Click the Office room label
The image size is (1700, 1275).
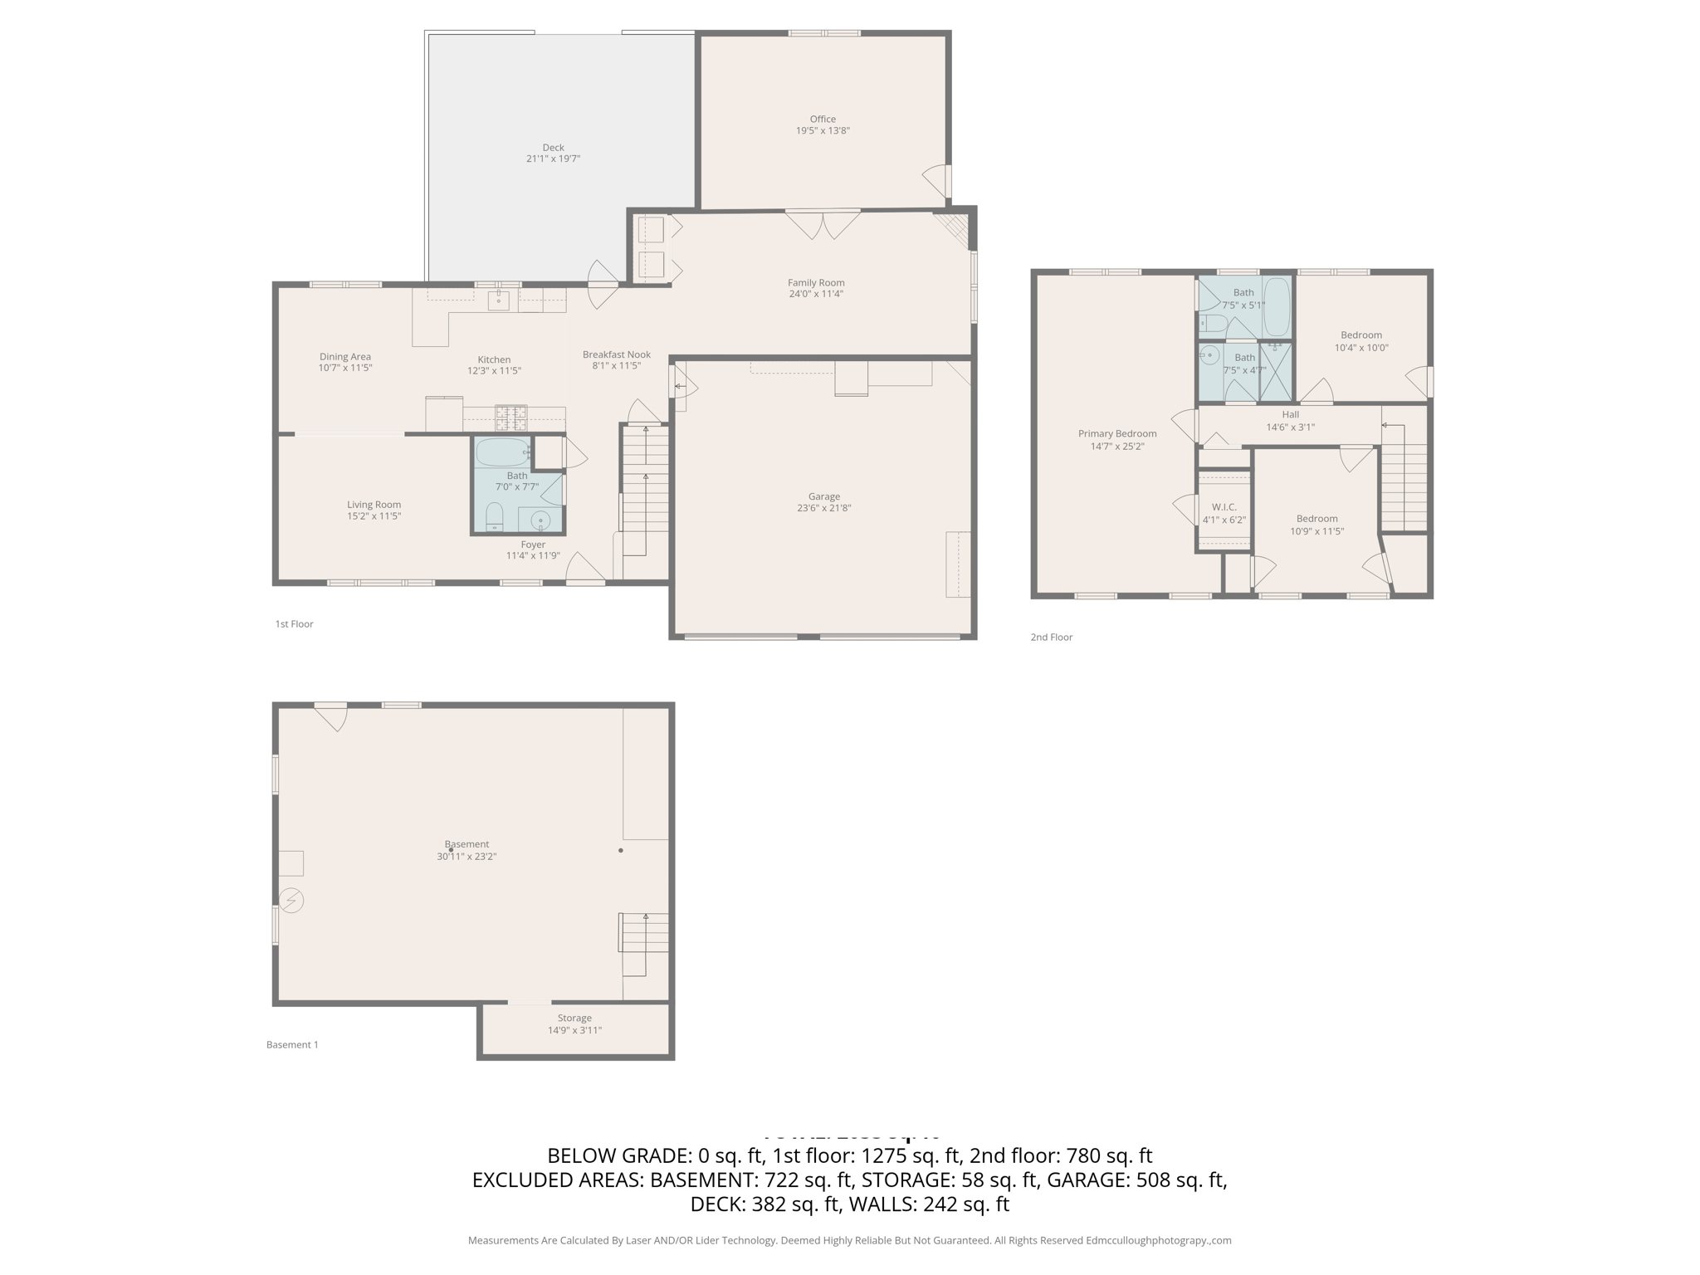[823, 119]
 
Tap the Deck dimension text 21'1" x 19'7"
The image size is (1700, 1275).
[553, 159]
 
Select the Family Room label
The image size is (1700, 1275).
[816, 282]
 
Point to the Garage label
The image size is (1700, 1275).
[824, 496]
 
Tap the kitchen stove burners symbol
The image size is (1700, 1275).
[510, 417]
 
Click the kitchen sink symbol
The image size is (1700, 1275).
[498, 300]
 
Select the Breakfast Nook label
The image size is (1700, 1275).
[616, 354]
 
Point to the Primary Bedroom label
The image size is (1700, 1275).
[1116, 433]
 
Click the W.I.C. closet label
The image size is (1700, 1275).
[1224, 507]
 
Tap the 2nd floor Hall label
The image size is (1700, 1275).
[1290, 414]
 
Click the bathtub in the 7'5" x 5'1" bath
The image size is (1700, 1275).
[1277, 306]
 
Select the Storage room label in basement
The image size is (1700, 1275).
[574, 1018]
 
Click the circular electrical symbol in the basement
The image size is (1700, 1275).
[291, 900]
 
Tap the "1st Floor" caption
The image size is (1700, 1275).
[294, 624]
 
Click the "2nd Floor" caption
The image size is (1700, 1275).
[1051, 637]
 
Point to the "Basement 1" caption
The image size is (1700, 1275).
[292, 1045]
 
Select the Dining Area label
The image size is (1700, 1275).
[345, 357]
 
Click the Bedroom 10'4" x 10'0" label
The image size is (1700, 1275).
[1361, 335]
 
